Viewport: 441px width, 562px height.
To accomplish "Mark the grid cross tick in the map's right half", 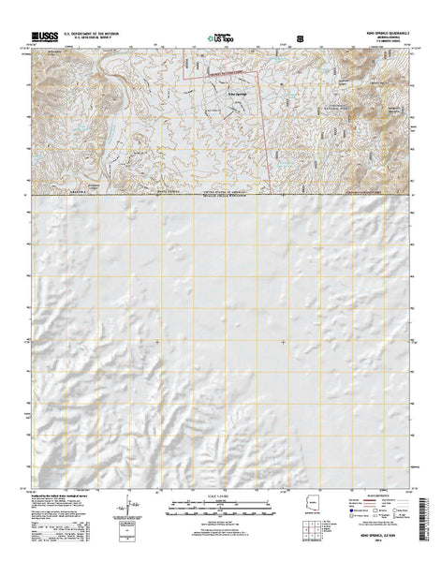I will (x=284, y=342).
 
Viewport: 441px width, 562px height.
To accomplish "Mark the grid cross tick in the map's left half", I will (x=156, y=342).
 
